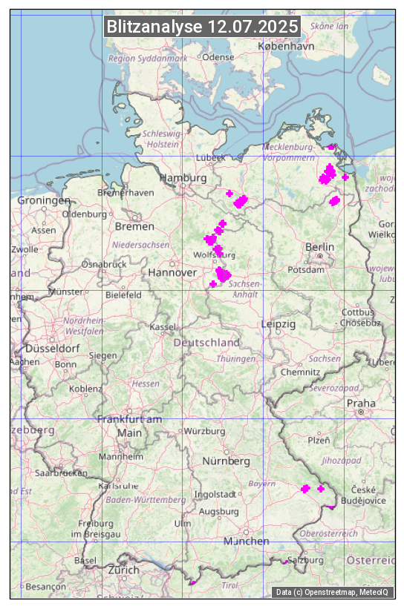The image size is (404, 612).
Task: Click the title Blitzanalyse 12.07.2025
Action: pos(202,27)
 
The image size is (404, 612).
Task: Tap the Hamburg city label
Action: pos(183,179)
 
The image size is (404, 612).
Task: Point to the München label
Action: pos(247,541)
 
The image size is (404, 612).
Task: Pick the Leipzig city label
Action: pos(278,324)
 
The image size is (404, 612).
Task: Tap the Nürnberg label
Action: pos(227,461)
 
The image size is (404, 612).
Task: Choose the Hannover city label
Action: pos(172,273)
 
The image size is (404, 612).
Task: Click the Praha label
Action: pos(361,403)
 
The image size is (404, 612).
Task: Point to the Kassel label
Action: pos(162,326)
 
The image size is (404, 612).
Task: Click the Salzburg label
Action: pos(305,560)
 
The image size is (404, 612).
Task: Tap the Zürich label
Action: pos(123,570)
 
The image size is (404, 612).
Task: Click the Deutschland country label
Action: pos(206,343)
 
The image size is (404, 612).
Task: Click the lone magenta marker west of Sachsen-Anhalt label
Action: pos(213,284)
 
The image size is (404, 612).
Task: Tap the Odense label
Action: pos(218,56)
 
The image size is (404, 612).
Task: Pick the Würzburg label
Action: pos(204,431)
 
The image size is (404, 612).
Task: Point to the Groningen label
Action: pos(44,200)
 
